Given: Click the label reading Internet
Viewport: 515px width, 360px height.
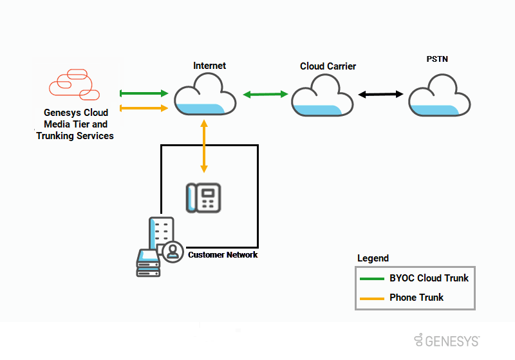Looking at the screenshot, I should click(x=210, y=66).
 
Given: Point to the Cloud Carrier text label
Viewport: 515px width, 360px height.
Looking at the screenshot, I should click(x=328, y=66).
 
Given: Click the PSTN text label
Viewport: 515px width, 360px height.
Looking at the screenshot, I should click(x=437, y=59).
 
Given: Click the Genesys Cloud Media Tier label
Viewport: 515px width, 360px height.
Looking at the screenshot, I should click(x=75, y=124).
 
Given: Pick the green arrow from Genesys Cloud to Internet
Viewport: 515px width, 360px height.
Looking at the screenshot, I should click(x=144, y=94).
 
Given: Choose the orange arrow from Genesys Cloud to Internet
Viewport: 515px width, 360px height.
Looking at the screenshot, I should click(x=144, y=108).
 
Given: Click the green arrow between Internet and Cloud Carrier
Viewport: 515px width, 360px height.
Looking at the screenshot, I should click(x=266, y=95).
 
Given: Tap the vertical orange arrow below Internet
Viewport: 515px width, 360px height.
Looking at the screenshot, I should click(x=204, y=146).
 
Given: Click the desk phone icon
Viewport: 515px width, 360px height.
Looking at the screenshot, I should click(x=203, y=197).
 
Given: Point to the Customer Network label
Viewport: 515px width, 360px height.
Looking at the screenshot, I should click(x=223, y=255).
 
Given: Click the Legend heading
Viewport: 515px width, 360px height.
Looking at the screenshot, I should click(x=373, y=258).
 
